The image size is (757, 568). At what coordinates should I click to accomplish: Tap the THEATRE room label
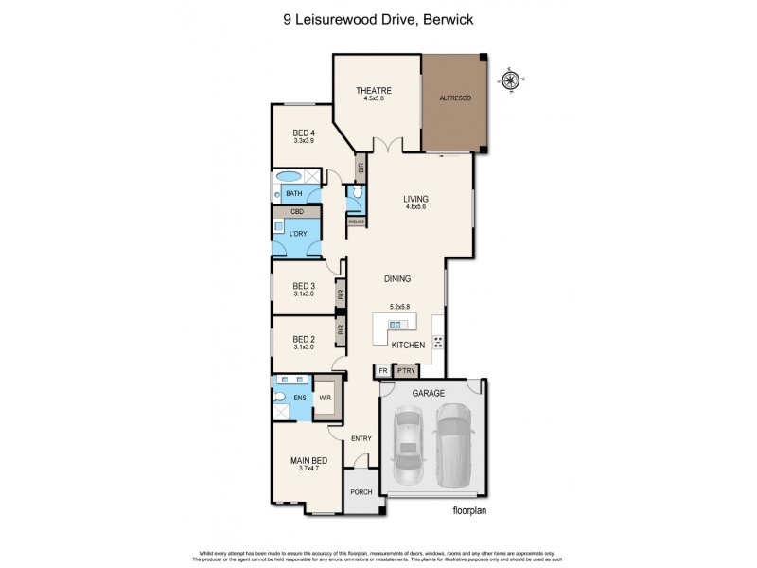coord(373,91)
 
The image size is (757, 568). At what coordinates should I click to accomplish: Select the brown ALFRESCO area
coord(454,98)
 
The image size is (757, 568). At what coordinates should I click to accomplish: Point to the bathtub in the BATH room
coord(288,177)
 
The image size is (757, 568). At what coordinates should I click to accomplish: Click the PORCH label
coord(361,492)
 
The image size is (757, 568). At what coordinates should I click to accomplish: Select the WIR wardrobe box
coord(324,399)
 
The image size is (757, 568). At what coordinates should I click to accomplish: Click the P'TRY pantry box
coord(407,371)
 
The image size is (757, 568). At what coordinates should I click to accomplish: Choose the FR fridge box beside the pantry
coord(383,371)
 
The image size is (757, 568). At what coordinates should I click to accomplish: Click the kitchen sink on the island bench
coord(396,325)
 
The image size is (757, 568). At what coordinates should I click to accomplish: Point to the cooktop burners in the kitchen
coord(438,342)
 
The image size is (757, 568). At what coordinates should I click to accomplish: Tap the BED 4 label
coord(304,133)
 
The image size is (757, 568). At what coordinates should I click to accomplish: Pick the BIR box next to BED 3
coord(340,294)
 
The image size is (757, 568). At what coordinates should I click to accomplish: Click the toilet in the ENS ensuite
coord(281,411)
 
